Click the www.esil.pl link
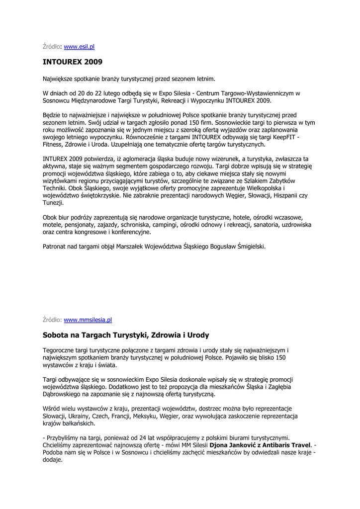point(79,47)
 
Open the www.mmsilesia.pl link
point(88,320)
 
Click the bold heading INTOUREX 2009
point(73,62)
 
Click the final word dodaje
point(52,460)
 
